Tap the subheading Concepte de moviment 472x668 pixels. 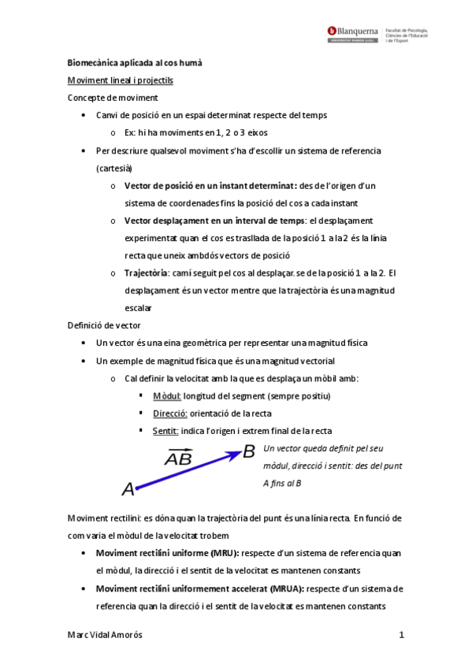click(x=112, y=98)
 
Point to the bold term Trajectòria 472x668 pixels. click(x=147, y=273)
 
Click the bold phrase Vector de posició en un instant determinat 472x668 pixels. click(x=208, y=186)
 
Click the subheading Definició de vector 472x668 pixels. click(x=105, y=325)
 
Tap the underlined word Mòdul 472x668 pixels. click(x=167, y=395)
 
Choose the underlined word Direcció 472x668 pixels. click(x=169, y=413)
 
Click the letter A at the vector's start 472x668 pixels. click(x=128, y=490)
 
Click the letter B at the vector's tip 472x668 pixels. click(x=249, y=451)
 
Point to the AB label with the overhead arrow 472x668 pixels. click(x=177, y=458)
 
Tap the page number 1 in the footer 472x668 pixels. click(x=401, y=635)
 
